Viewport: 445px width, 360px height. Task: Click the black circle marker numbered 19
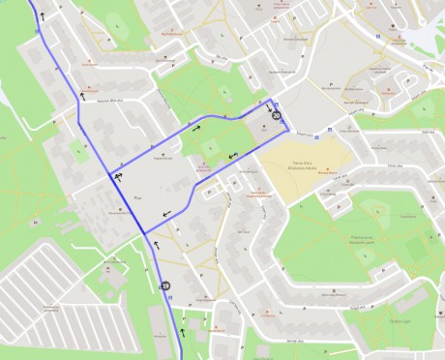click(165, 286)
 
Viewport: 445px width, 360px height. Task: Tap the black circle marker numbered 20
click(277, 116)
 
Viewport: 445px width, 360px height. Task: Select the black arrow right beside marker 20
click(268, 107)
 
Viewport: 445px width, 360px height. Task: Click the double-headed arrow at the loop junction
click(117, 177)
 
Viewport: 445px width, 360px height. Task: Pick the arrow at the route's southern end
click(181, 332)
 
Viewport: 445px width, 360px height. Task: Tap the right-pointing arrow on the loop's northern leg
click(197, 126)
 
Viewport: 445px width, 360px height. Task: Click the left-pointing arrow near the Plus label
click(169, 212)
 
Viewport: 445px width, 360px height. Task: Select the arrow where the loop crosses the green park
click(232, 158)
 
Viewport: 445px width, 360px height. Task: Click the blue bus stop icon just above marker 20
click(278, 105)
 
